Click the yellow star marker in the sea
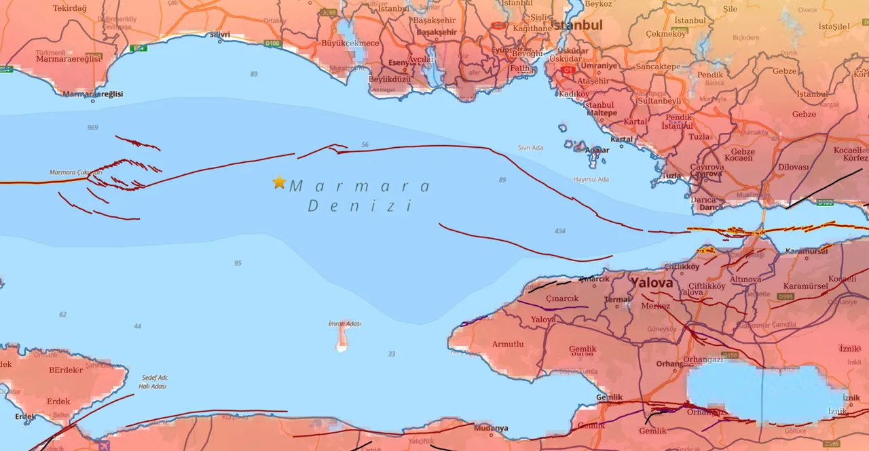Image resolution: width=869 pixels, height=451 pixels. pos(278,182)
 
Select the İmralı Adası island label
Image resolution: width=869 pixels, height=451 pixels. pos(344,323)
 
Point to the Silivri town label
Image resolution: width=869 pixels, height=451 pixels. pos(220,35)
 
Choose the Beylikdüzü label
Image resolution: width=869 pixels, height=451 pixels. pos(389,79)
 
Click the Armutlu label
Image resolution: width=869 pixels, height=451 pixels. pos(507,344)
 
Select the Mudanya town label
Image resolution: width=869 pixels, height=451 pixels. pos(491,428)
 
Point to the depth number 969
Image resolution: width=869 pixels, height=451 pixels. pos(92,128)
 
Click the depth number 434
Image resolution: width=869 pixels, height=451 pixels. pos(559,231)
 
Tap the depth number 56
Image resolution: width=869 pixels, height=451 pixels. pos(365,144)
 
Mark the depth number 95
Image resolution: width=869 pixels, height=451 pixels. pos(238,263)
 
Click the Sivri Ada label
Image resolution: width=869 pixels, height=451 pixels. pos(530,147)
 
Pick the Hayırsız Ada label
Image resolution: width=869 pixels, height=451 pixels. pos(591,179)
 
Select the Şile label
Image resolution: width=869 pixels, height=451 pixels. pos(731,28)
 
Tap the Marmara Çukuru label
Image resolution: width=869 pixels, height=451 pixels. pos(75,172)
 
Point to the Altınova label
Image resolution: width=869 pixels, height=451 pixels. pos(745,279)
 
